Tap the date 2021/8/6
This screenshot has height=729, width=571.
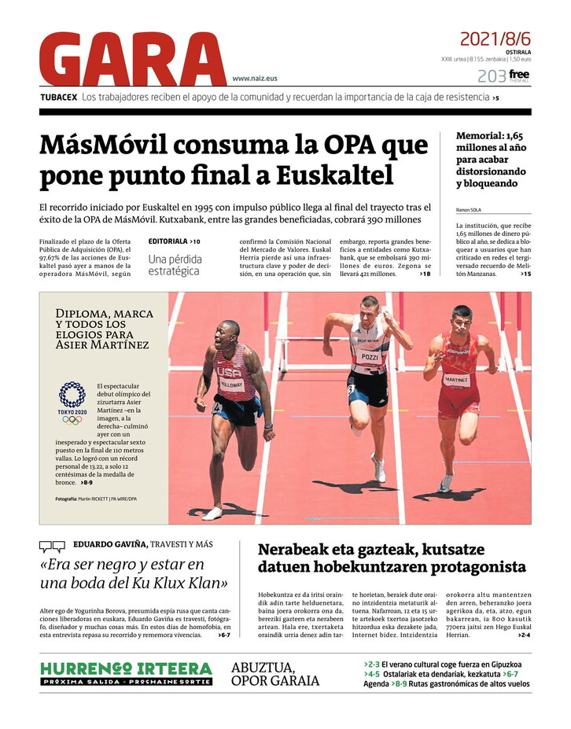click(495, 39)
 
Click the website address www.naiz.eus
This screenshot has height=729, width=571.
click(254, 79)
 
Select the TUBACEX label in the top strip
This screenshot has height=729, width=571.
click(58, 98)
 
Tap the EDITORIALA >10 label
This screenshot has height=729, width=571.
click(174, 241)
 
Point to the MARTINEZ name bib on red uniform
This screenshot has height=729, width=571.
click(456, 379)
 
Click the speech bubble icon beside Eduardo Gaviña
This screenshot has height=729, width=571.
click(52, 546)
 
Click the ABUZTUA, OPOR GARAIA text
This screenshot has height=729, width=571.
click(275, 674)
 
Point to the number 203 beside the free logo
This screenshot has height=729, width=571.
click(491, 76)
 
